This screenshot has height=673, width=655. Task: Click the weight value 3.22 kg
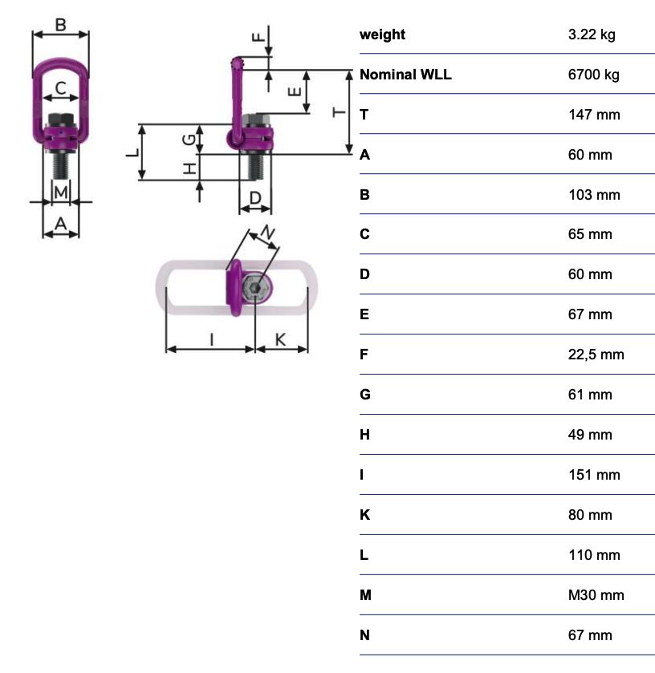(x=592, y=34)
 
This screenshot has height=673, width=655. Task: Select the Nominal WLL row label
(x=405, y=75)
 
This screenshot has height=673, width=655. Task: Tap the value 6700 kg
(x=593, y=75)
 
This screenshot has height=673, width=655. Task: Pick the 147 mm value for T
(x=594, y=115)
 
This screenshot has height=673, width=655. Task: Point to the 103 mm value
(x=594, y=195)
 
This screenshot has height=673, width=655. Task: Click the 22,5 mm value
(x=596, y=355)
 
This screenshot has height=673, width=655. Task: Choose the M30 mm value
(x=596, y=595)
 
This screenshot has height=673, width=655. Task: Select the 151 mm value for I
(x=594, y=475)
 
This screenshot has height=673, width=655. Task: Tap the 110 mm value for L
(x=594, y=555)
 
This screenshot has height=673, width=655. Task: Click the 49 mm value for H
(x=590, y=435)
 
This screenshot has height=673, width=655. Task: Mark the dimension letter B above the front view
(x=60, y=24)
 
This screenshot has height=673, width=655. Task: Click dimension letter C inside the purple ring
(x=61, y=88)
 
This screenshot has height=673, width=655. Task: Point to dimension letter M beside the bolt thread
(x=61, y=192)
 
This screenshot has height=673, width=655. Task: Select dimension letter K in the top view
(x=280, y=339)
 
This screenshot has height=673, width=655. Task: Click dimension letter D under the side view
(x=255, y=198)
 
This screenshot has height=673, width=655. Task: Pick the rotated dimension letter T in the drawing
(x=339, y=112)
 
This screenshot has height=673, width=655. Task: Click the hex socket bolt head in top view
(x=256, y=288)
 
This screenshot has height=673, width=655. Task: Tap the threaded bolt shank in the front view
(x=61, y=165)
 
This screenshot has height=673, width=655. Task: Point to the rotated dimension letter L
(x=132, y=152)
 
